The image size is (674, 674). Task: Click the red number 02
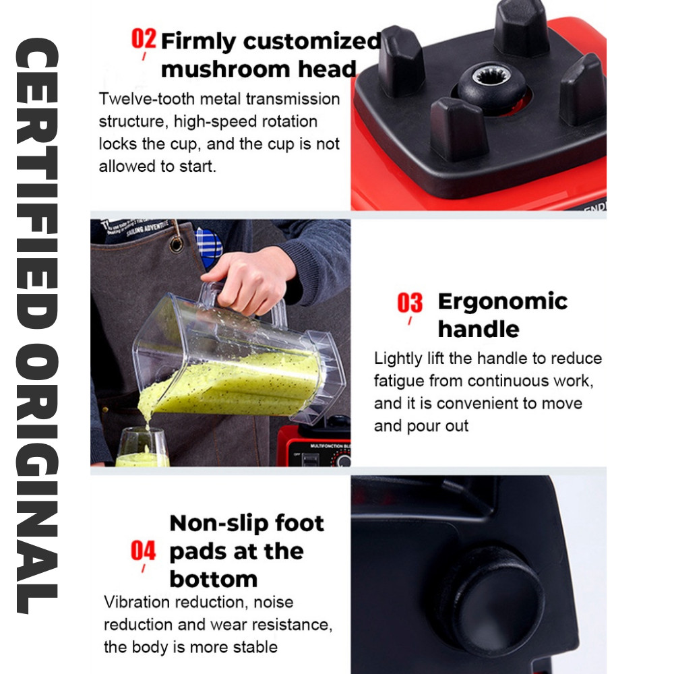144,39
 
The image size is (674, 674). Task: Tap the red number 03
410,303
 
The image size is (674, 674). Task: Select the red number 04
143,551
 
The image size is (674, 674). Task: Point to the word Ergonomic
503,302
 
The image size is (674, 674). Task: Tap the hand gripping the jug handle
249,280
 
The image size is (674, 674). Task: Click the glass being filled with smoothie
142,447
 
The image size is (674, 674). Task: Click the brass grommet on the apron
176,244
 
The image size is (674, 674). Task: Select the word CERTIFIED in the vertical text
37,184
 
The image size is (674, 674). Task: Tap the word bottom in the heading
214,579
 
